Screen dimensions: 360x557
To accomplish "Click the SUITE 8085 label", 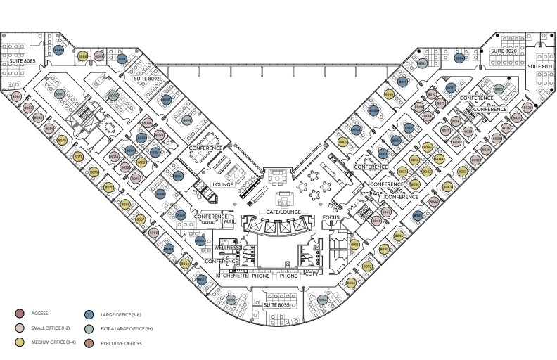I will point(23,62).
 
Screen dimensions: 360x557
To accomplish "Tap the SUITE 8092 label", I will point(148,79).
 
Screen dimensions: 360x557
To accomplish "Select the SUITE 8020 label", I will point(504,51).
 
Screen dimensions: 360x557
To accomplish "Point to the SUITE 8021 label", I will point(540,66).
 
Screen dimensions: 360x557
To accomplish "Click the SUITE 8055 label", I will point(276,304).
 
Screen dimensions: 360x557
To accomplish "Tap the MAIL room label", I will point(228,222).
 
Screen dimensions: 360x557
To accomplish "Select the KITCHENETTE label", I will point(231,276).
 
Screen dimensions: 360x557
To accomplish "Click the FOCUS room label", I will point(331,217).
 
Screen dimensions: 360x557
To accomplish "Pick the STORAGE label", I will point(371,193).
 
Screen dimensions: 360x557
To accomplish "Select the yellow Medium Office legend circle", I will point(20,343).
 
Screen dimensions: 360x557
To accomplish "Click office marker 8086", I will point(59,50).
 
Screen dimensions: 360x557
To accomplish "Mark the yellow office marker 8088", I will point(82,56).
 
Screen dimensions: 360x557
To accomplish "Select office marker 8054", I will point(322,300).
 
